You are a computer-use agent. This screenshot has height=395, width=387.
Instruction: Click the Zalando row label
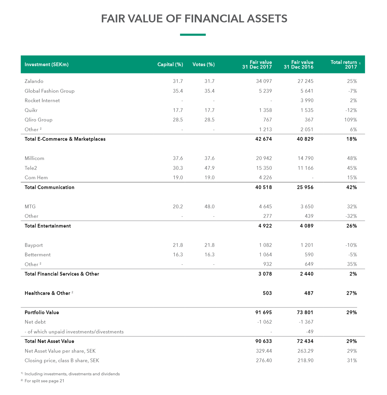click(x=34, y=81)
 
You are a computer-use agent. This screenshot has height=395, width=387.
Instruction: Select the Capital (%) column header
click(x=170, y=65)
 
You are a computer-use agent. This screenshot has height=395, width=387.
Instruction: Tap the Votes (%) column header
click(x=204, y=65)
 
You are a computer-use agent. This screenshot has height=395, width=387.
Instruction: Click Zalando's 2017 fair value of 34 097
click(x=264, y=81)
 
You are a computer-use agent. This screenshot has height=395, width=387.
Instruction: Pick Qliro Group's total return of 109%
click(x=350, y=120)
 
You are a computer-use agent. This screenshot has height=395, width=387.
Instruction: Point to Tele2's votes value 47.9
click(x=209, y=168)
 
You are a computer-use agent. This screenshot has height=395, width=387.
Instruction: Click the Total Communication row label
click(x=49, y=187)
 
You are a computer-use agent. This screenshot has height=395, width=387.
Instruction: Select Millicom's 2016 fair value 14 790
click(x=305, y=158)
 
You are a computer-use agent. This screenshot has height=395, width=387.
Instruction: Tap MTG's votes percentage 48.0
click(x=209, y=207)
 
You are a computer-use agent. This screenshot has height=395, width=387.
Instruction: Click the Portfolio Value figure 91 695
click(x=263, y=313)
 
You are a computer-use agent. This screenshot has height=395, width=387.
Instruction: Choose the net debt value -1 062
click(x=264, y=322)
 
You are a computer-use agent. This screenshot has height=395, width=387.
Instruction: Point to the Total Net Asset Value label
click(x=49, y=341)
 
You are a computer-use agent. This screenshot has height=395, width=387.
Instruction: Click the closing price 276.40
click(x=264, y=361)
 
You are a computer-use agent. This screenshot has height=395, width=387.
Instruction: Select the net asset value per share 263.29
click(x=305, y=351)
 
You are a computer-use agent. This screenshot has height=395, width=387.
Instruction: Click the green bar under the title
click(x=193, y=35)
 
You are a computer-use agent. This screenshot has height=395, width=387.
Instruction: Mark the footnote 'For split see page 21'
click(x=44, y=381)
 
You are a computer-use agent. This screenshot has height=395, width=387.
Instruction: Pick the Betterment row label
click(x=38, y=255)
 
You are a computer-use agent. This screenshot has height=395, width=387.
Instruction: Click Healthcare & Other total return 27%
click(x=352, y=293)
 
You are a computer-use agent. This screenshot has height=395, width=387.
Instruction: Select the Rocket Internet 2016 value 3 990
click(x=307, y=101)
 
